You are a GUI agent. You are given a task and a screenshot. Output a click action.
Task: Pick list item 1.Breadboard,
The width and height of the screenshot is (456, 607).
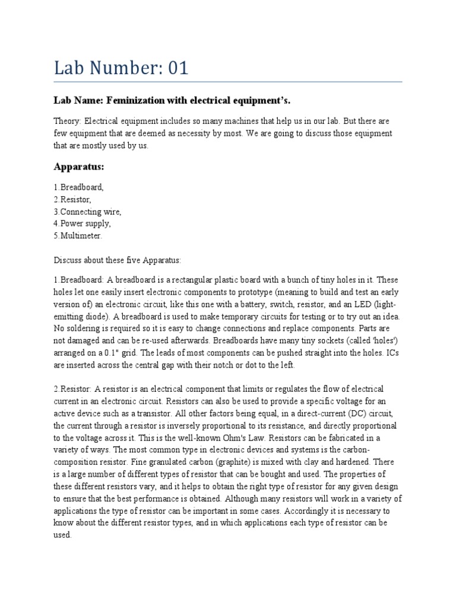coord(78,187)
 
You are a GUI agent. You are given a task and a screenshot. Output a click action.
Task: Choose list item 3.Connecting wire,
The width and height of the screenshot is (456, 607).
coord(87,212)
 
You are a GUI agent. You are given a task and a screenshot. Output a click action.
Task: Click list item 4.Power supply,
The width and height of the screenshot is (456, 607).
coord(82,223)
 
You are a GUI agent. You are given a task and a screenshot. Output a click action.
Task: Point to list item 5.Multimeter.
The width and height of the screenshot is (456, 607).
coord(78,236)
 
